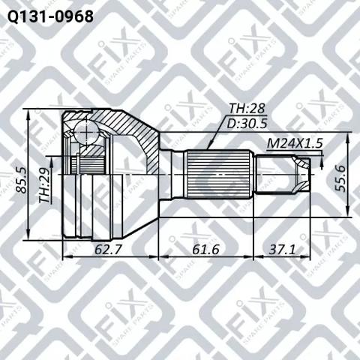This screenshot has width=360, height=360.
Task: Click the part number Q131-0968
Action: click(x=50, y=16)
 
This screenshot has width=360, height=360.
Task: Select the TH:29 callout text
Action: click(x=44, y=189)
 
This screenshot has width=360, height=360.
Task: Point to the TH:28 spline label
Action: click(x=247, y=109)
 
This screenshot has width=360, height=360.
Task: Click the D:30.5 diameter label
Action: click(x=247, y=124)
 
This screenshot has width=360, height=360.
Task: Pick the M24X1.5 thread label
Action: click(x=295, y=144)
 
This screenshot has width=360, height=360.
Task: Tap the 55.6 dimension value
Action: click(x=340, y=178)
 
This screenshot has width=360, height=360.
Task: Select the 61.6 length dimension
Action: click(x=205, y=249)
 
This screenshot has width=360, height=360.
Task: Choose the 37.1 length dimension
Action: click(x=282, y=249)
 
